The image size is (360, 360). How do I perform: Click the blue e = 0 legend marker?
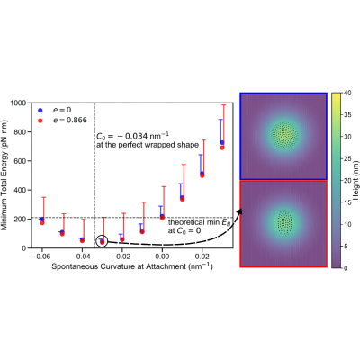click(x=40, y=110)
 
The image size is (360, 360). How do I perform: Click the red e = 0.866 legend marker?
click(x=40, y=121)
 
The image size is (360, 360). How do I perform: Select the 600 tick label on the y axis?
click(x=21, y=161)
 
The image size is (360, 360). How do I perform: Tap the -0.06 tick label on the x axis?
click(x=42, y=256)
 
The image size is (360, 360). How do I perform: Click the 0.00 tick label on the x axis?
click(x=162, y=256)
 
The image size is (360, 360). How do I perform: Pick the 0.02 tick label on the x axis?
click(x=202, y=256)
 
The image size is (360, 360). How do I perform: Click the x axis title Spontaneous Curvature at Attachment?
click(x=132, y=266)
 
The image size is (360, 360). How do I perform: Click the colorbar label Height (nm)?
click(x=355, y=180)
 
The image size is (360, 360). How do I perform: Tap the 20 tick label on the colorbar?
click(x=347, y=181)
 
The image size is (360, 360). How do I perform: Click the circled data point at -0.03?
click(x=102, y=242)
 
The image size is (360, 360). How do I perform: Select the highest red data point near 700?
click(x=222, y=148)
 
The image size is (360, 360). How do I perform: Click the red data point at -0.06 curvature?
click(x=42, y=222)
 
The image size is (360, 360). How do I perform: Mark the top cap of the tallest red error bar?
click(x=223, y=105)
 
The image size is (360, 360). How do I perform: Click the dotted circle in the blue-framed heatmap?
click(x=284, y=135)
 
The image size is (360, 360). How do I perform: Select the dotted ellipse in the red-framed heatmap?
click(x=284, y=222)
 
